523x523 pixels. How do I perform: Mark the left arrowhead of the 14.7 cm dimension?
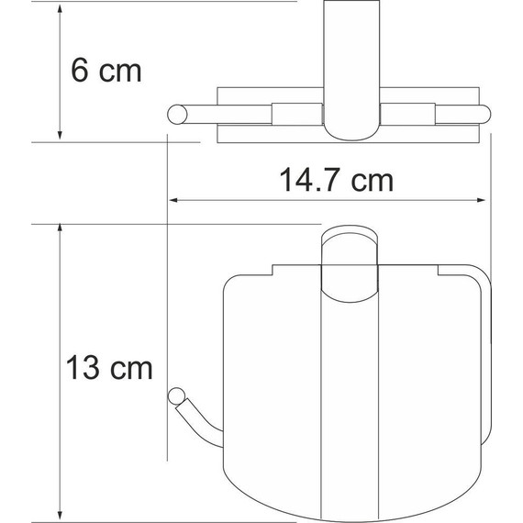[174, 202]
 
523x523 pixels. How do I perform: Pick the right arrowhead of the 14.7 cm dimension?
[486, 202]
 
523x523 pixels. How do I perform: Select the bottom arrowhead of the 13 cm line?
[60, 514]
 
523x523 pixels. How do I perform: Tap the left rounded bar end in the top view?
[175, 114]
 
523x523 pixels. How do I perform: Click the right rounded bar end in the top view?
[484, 115]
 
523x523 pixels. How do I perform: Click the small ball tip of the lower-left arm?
[175, 395]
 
